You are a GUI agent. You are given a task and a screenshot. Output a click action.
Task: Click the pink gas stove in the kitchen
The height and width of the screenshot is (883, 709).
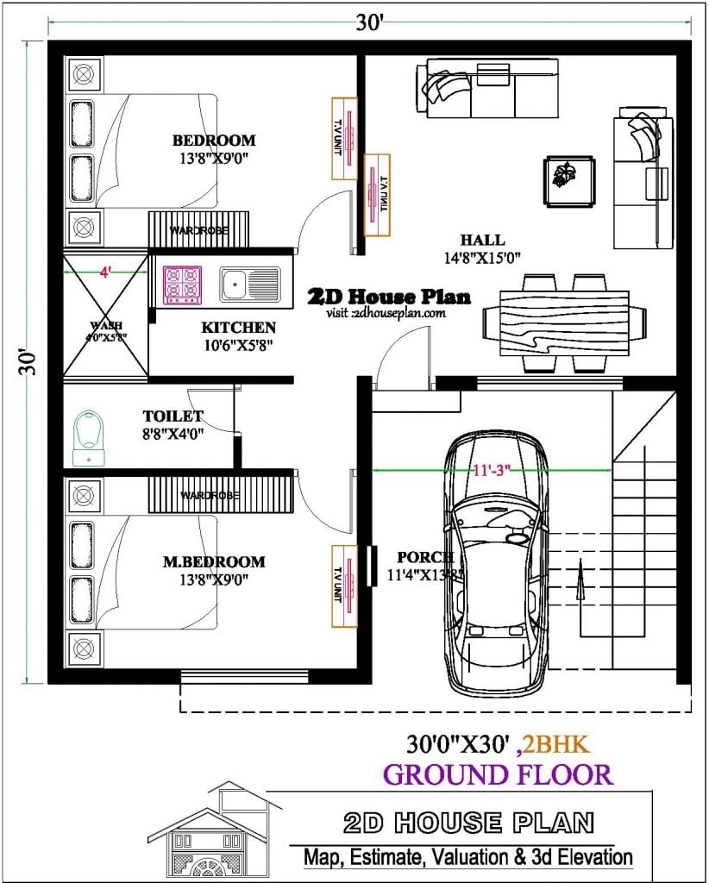(x=182, y=285)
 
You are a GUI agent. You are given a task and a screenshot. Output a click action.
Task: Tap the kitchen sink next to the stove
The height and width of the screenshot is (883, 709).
(x=249, y=285)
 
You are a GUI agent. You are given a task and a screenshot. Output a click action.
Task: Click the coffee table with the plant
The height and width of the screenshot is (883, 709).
(x=568, y=181)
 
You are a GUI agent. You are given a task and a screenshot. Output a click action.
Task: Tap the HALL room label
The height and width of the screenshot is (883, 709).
(x=482, y=241)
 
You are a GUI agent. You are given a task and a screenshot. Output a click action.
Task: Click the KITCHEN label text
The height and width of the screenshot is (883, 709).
(x=239, y=328)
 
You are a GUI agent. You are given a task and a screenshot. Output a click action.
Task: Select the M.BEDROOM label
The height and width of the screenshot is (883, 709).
(x=214, y=562)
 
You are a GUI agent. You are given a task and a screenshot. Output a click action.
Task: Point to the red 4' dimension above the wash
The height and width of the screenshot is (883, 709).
(x=105, y=272)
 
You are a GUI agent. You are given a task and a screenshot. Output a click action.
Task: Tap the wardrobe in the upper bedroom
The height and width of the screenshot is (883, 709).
(x=198, y=230)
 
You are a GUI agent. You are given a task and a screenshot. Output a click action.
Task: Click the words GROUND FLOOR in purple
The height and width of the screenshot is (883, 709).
(x=498, y=773)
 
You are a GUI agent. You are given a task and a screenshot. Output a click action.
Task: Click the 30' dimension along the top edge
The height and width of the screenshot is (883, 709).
(x=369, y=23)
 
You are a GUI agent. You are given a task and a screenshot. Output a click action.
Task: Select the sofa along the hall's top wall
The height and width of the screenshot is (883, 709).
(x=471, y=89)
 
